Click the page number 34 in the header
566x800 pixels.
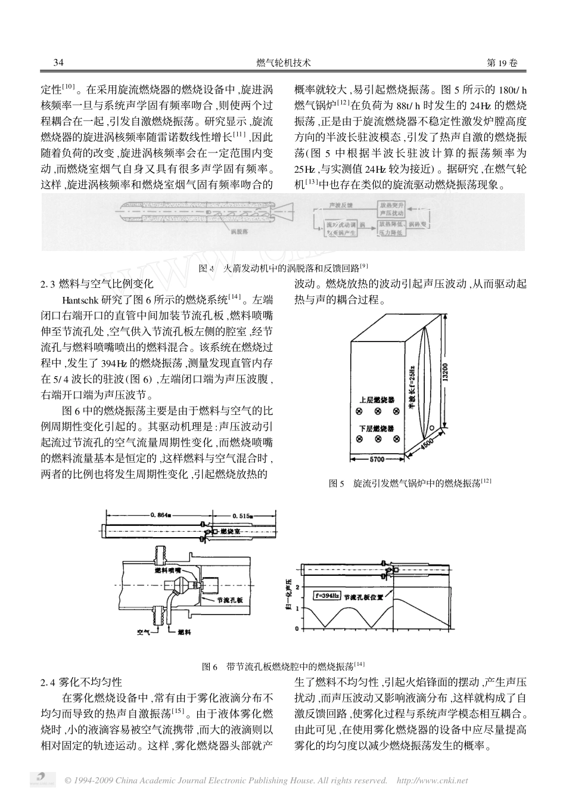click(x=58, y=63)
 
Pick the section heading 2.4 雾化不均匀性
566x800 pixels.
click(x=81, y=682)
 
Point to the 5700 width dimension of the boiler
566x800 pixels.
click(x=377, y=460)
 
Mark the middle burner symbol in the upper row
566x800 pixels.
click(x=378, y=411)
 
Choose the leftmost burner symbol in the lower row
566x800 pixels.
click(x=360, y=439)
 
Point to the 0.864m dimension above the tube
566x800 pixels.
click(x=162, y=514)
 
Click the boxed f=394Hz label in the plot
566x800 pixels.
click(x=327, y=595)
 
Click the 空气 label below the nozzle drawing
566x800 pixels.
click(x=143, y=630)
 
